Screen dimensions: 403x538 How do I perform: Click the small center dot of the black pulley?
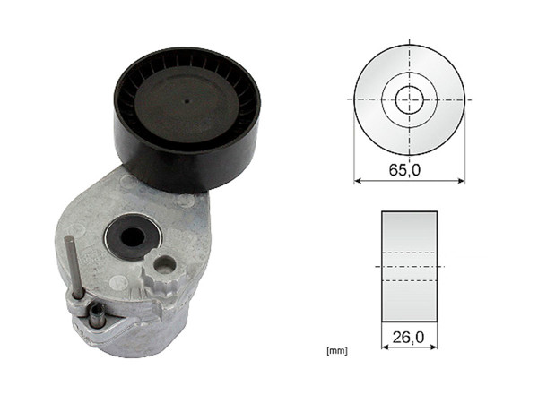tap(187, 101)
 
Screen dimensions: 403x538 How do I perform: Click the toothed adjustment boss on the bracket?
tap(165, 266)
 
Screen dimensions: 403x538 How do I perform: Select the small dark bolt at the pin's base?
tap(94, 314)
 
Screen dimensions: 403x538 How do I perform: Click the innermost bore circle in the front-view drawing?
tap(409, 99)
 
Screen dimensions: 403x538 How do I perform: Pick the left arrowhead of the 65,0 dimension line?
tap(358, 181)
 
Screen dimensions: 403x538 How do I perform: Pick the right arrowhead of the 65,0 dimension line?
tap(460, 181)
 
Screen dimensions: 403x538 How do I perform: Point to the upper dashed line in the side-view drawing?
tap(409, 253)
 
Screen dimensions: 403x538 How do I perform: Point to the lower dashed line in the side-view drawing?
tap(409, 281)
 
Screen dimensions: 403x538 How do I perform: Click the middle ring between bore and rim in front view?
tap(429, 99)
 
